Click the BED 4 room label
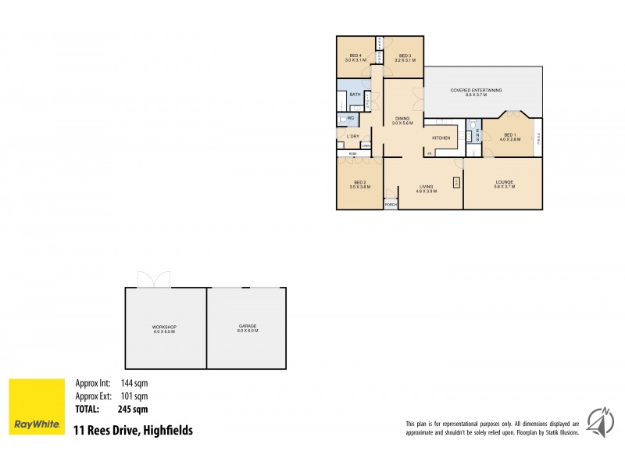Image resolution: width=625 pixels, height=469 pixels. tap(355, 56)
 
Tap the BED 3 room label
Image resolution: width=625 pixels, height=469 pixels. tap(405, 56)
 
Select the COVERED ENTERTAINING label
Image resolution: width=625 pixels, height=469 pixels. tap(476, 91)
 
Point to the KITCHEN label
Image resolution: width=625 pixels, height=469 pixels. tap(442, 138)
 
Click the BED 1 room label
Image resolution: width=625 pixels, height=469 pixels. tap(510, 135)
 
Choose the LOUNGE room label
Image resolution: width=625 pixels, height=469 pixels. tap(504, 182)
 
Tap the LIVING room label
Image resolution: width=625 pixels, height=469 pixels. tap(426, 187)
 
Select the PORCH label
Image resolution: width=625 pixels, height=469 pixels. tap(391, 205)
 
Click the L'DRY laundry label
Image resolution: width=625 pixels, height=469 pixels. tap(353, 137)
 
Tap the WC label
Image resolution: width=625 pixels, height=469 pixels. tap(351, 119)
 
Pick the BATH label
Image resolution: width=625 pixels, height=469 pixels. tap(355, 95)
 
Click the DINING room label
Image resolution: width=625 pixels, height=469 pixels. tap(402, 119)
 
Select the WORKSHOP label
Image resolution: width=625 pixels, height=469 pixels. tap(164, 326)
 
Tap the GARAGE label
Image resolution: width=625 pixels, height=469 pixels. tap(248, 326)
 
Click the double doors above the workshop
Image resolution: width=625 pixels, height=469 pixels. tap(152, 280)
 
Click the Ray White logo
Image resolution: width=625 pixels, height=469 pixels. tap(37, 407)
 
